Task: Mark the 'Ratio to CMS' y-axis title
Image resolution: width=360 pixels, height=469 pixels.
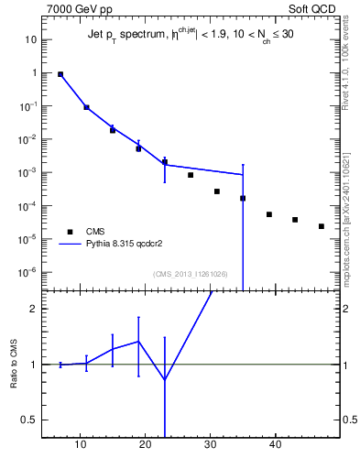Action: tap(14, 364)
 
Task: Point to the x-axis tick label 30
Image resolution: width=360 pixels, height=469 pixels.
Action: tap(212, 445)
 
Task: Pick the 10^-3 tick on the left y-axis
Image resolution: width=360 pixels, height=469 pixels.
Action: tap(28, 172)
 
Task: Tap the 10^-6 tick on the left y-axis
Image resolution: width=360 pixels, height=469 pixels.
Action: tap(28, 272)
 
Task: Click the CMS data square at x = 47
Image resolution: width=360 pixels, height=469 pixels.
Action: tap(322, 226)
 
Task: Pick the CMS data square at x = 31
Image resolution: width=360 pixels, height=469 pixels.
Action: tap(217, 191)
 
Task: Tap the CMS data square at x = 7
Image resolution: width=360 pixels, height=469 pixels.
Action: tap(60, 74)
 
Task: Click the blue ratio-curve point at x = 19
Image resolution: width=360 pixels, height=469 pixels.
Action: tap(138, 342)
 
